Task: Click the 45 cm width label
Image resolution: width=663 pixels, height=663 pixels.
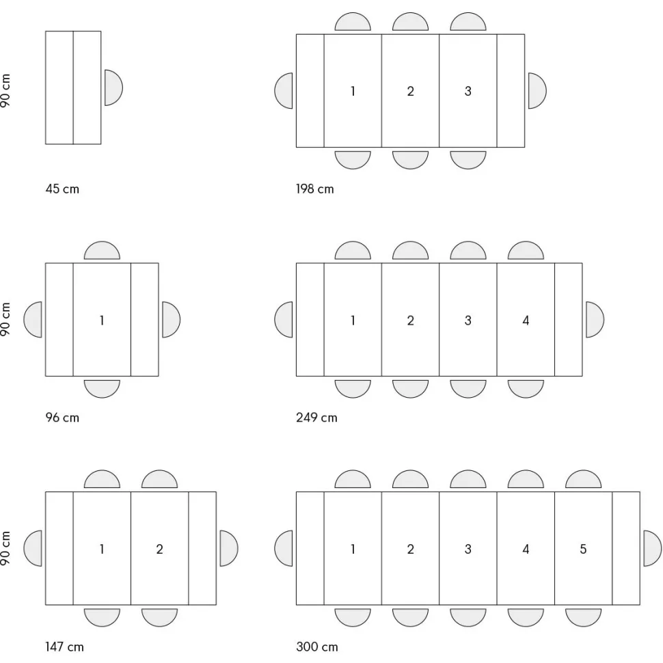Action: click(62, 189)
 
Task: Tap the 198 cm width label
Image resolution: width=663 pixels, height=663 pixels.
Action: click(314, 189)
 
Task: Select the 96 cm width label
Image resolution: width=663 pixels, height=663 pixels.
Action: click(62, 418)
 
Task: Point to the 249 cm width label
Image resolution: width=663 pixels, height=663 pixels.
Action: click(316, 418)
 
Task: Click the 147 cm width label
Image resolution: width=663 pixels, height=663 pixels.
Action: click(64, 647)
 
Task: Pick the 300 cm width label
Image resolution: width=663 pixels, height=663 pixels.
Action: click(316, 647)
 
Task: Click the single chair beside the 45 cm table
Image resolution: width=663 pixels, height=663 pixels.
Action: click(113, 87)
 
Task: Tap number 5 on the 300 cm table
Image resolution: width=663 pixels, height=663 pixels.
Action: click(583, 549)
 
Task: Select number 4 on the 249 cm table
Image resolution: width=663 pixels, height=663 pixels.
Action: click(526, 320)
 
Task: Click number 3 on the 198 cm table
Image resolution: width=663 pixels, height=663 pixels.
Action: click(468, 91)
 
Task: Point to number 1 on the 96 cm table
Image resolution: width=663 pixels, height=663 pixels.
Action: click(101, 320)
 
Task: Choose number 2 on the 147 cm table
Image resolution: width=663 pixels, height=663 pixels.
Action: click(159, 549)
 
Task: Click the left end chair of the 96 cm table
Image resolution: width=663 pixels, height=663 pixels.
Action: click(33, 320)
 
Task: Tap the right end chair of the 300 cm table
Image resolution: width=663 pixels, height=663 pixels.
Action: click(653, 548)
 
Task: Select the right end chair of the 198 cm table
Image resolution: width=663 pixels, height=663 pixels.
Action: click(537, 90)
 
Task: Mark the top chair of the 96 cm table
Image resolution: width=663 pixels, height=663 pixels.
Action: click(102, 250)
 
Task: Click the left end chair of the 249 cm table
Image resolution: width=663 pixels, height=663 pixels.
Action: click(283, 320)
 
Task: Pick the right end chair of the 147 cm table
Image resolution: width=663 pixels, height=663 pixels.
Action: click(229, 548)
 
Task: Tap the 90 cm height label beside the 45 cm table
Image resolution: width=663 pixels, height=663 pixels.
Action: click(5, 90)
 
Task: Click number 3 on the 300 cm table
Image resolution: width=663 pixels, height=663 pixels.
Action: click(468, 549)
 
